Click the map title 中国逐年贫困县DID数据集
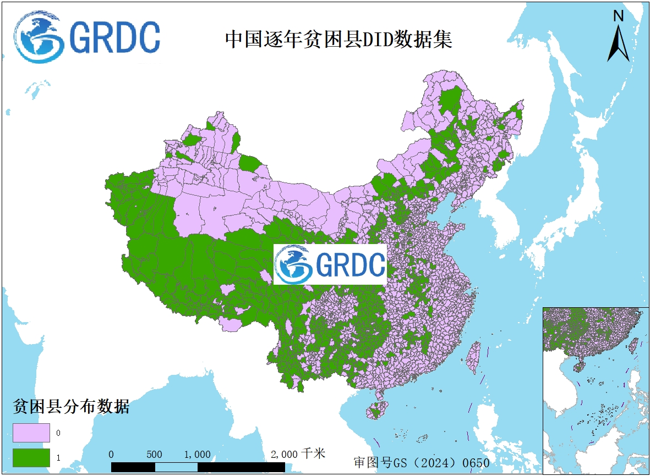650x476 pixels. pyautogui.click(x=338, y=40)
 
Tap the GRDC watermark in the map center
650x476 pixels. pyautogui.click(x=330, y=265)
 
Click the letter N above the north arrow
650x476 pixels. pyautogui.click(x=618, y=16)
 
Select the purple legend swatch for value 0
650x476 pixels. pyautogui.click(x=31, y=433)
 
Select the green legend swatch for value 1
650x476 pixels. pyautogui.click(x=31, y=457)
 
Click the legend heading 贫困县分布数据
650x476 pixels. pyautogui.click(x=71, y=407)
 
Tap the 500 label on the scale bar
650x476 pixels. pyautogui.click(x=154, y=455)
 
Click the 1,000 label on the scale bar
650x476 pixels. pyautogui.click(x=197, y=455)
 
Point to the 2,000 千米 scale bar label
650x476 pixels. pyautogui.click(x=298, y=454)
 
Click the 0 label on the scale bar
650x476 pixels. pyautogui.click(x=112, y=455)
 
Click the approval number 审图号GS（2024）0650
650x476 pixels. pyautogui.click(x=421, y=463)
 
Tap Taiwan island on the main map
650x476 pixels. pyautogui.click(x=473, y=357)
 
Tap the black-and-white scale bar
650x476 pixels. pyautogui.click(x=198, y=467)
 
